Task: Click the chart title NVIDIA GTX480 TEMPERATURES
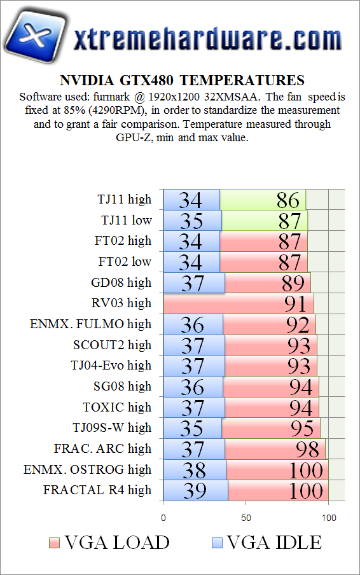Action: tap(182, 81)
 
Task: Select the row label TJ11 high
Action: tap(126, 199)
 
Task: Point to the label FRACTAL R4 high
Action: tap(97, 490)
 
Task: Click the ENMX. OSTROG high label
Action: tap(88, 469)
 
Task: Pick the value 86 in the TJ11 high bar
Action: tap(288, 200)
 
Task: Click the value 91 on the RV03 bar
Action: tap(296, 304)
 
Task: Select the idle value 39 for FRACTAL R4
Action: tap(195, 491)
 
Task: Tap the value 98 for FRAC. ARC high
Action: tap(307, 450)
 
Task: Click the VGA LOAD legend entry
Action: tap(109, 543)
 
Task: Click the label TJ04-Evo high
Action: tap(111, 365)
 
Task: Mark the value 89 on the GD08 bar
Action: tap(293, 283)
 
